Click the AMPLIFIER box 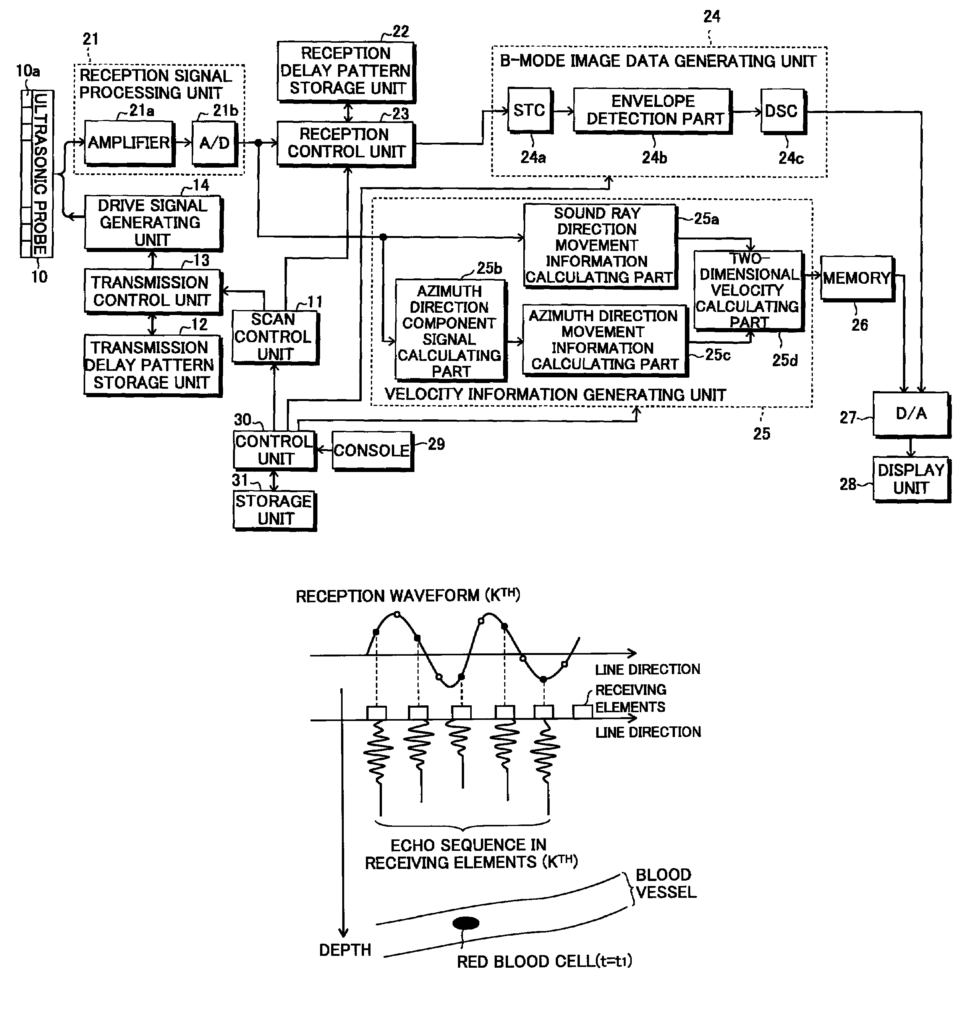[x=129, y=143]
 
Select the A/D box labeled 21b [x=215, y=143]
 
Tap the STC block [x=530, y=110]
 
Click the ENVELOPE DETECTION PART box [x=653, y=110]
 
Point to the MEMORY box [x=857, y=278]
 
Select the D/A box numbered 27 [x=911, y=414]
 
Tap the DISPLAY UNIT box [x=911, y=479]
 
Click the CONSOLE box [x=372, y=451]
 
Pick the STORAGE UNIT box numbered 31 [x=274, y=510]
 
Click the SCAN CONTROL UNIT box [x=275, y=337]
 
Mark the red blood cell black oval [x=466, y=923]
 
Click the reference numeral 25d [x=785, y=361]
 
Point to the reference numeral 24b [x=654, y=157]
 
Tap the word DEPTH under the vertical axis [x=345, y=950]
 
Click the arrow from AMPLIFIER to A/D [x=183, y=143]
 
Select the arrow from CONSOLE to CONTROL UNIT [x=324, y=450]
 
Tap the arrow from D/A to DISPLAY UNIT [x=911, y=447]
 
